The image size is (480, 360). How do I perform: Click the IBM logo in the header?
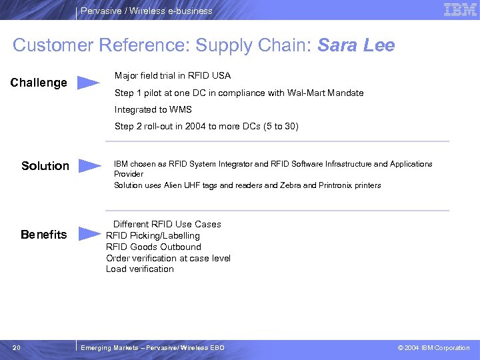click(x=460, y=10)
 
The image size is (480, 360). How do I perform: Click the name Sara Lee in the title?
click(x=356, y=45)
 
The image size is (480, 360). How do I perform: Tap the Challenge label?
click(x=39, y=83)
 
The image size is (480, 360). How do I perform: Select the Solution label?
click(x=45, y=165)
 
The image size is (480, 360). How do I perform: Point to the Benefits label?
click(x=44, y=235)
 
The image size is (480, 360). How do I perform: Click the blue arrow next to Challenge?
click(x=89, y=83)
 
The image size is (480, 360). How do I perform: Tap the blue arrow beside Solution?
click(x=90, y=165)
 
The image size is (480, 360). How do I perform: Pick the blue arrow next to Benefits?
click(x=90, y=234)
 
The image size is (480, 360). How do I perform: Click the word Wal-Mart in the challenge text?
click(x=306, y=93)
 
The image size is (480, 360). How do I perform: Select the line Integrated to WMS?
click(x=154, y=109)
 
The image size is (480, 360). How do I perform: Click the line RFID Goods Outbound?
click(x=153, y=247)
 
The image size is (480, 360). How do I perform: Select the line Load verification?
click(x=140, y=269)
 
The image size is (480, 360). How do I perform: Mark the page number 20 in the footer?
click(x=17, y=347)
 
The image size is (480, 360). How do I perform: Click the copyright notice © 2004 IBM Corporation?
click(x=433, y=348)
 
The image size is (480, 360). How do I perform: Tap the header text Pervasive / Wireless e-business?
click(x=147, y=11)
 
